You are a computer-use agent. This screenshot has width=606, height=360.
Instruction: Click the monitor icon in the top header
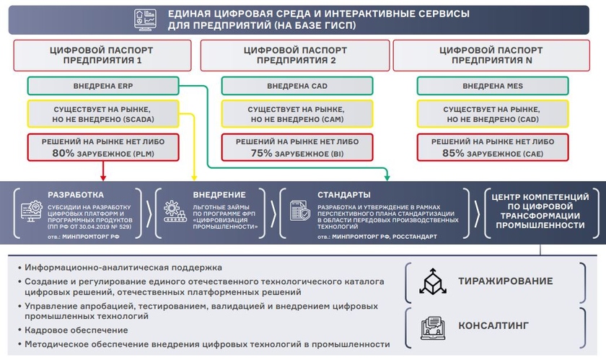[x=144, y=19]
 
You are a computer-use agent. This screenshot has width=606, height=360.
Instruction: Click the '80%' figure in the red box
[x=65, y=153]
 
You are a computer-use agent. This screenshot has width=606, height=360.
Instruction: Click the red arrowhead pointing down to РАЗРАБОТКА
[x=102, y=177]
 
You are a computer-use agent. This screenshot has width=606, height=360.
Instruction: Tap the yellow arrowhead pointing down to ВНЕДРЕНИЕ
[x=193, y=177]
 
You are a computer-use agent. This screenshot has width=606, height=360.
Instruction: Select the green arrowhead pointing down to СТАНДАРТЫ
[x=387, y=177]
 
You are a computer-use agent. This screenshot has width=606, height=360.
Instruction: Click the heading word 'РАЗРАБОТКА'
[x=76, y=195]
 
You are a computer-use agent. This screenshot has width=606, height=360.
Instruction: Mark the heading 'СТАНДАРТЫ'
[x=344, y=195]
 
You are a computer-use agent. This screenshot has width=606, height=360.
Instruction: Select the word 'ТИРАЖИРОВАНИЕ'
[x=506, y=281]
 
